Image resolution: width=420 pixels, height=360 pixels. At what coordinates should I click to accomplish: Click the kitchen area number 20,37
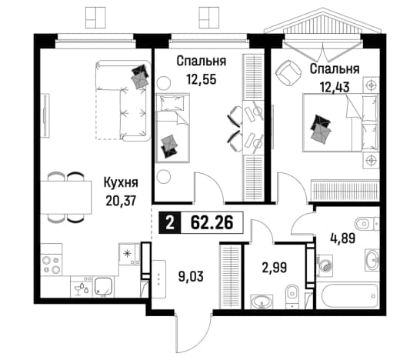coord(121,201)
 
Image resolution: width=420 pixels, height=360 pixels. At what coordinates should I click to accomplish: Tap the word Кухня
coord(121,183)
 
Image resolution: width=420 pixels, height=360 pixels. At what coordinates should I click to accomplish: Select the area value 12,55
coord(202,79)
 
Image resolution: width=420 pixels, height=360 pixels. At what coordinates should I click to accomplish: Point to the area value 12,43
coord(335,87)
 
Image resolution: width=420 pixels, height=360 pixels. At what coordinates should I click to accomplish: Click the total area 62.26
coord(212,222)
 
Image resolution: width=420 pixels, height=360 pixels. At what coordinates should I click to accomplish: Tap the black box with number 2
coord(170,223)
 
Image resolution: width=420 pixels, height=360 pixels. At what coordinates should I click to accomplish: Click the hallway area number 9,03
coord(191,276)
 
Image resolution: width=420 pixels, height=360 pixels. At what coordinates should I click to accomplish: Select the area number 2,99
coord(275,268)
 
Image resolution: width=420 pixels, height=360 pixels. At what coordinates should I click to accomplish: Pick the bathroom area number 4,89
coord(343,238)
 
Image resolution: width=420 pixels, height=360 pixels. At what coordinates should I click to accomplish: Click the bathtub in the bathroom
coord(348,295)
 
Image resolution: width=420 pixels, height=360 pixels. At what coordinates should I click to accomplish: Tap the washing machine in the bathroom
coord(325,265)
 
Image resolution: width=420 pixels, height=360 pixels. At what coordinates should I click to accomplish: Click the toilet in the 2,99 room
coord(292,296)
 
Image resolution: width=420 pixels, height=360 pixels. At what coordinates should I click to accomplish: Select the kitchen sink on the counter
coord(104,287)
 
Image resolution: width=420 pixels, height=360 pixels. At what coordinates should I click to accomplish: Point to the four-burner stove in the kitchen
coord(52,265)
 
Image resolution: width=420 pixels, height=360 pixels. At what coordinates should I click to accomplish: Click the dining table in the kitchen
coord(66,198)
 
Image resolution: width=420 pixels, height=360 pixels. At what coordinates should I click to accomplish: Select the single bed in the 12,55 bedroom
coord(173,128)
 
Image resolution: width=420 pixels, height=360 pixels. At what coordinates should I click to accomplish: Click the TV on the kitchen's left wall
coord(45,115)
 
